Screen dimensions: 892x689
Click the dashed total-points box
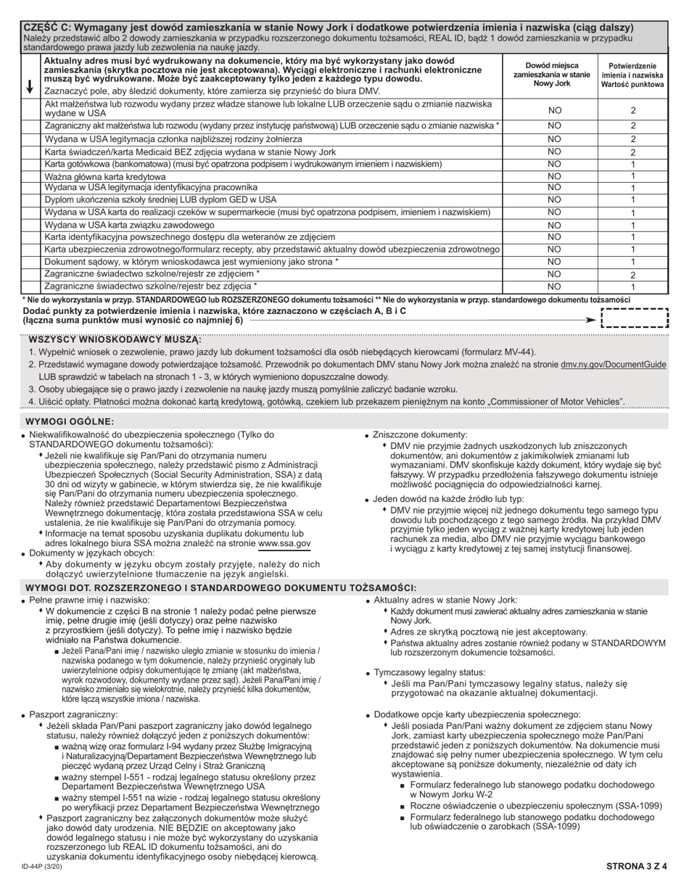coord(635,318)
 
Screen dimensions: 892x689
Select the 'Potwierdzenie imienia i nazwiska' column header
coord(632,74)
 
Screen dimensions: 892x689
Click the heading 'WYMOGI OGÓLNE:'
coord(70,421)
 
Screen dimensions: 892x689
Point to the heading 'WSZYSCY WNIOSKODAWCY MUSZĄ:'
coord(115,339)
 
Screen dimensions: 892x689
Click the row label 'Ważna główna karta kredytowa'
coord(105,176)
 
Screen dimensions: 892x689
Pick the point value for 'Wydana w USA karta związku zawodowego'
coord(632,225)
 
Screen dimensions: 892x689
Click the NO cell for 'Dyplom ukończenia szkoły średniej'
coord(554,199)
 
